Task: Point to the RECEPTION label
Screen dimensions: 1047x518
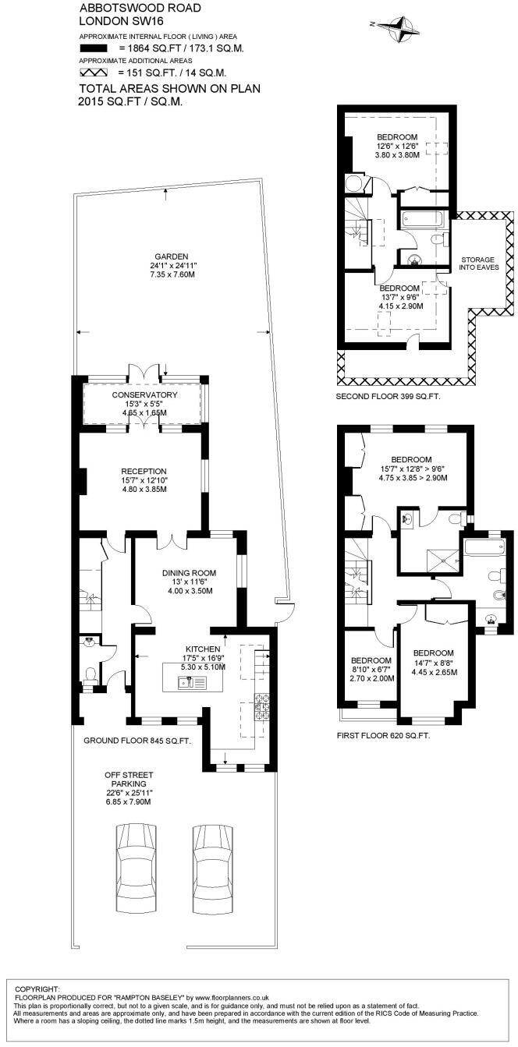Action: coord(144,471)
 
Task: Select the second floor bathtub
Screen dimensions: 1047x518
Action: coord(422,219)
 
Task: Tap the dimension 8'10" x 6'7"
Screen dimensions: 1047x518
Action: coord(371,667)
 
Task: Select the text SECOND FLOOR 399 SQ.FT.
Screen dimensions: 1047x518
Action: coord(388,397)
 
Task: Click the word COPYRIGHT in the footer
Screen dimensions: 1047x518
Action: coord(37,988)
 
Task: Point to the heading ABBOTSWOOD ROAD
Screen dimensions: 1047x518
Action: coord(129,8)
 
